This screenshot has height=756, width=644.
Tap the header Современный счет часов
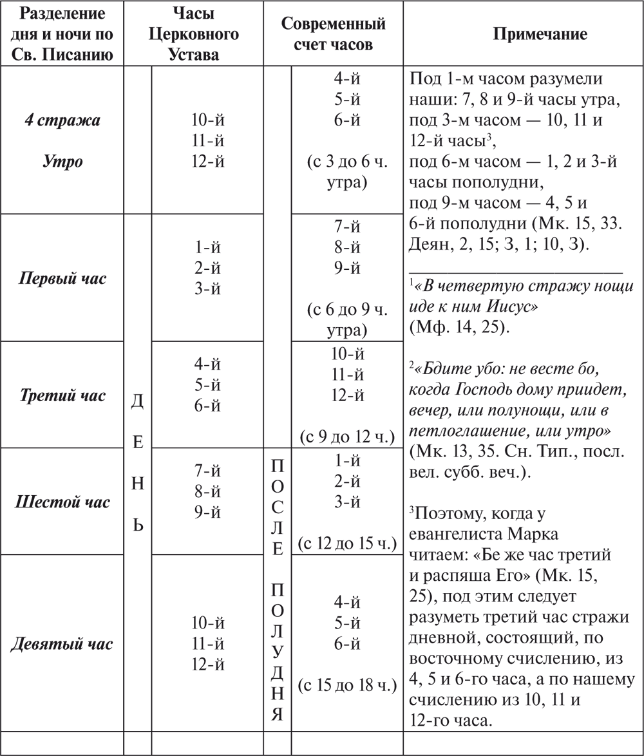click(x=333, y=34)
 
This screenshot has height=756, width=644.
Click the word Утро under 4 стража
click(x=62, y=160)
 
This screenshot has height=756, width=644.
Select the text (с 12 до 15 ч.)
click(x=346, y=544)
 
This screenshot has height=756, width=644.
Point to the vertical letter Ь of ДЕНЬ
click(x=137, y=525)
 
